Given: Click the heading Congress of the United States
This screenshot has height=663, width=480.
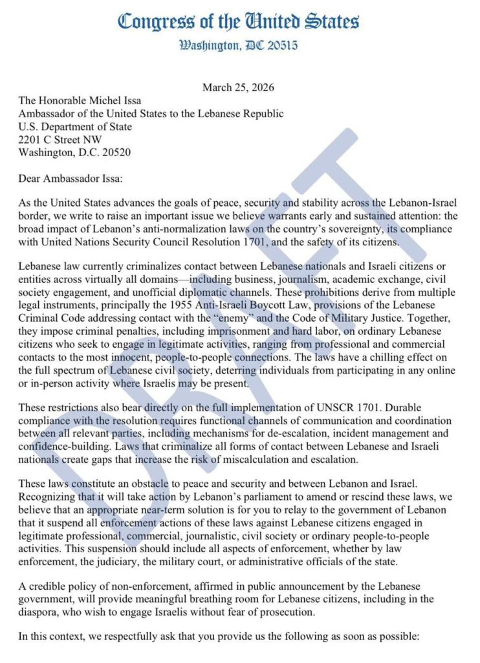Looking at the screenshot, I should click(239, 21).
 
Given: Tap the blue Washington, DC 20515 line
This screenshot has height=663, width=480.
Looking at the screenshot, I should click(239, 46).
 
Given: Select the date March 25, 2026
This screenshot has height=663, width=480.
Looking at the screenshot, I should click(238, 87).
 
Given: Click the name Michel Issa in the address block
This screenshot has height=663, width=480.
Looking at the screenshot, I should click(113, 101).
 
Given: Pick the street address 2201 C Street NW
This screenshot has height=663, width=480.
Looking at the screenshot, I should click(60, 139).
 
